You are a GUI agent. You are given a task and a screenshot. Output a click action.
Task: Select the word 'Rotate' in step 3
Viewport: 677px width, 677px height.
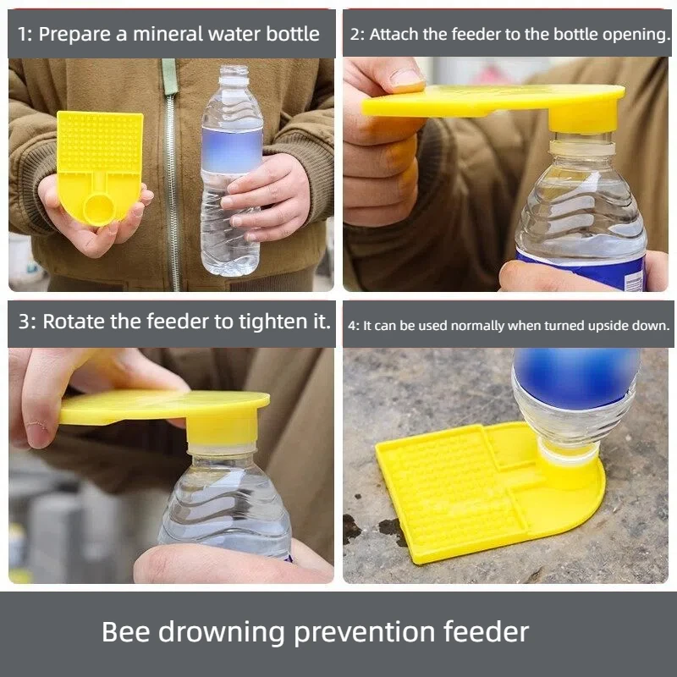tap(74, 322)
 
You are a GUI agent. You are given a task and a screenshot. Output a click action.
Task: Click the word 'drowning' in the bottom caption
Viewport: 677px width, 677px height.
tap(224, 632)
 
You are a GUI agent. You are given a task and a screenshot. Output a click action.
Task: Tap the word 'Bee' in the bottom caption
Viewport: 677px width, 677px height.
tap(125, 631)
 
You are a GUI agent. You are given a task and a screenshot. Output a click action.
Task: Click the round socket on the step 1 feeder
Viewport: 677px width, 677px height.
tap(99, 208)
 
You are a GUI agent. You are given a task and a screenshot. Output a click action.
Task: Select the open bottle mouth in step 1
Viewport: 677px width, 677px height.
tap(234, 69)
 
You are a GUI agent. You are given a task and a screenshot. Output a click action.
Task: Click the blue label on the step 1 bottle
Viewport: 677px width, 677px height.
tap(232, 150)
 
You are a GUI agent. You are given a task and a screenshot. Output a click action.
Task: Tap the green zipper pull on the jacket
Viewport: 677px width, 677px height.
tap(170, 76)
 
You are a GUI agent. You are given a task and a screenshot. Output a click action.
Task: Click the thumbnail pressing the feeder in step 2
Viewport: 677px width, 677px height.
tap(405, 79)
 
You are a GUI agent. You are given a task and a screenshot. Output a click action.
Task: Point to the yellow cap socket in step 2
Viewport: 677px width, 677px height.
tap(581, 116)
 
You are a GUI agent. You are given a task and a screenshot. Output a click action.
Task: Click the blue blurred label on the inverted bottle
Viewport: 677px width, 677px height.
tap(576, 377)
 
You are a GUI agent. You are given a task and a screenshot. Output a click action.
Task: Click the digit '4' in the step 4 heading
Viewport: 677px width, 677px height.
tap(351, 326)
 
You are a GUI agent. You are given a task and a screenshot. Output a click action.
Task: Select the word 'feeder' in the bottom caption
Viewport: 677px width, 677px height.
tap(486, 631)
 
